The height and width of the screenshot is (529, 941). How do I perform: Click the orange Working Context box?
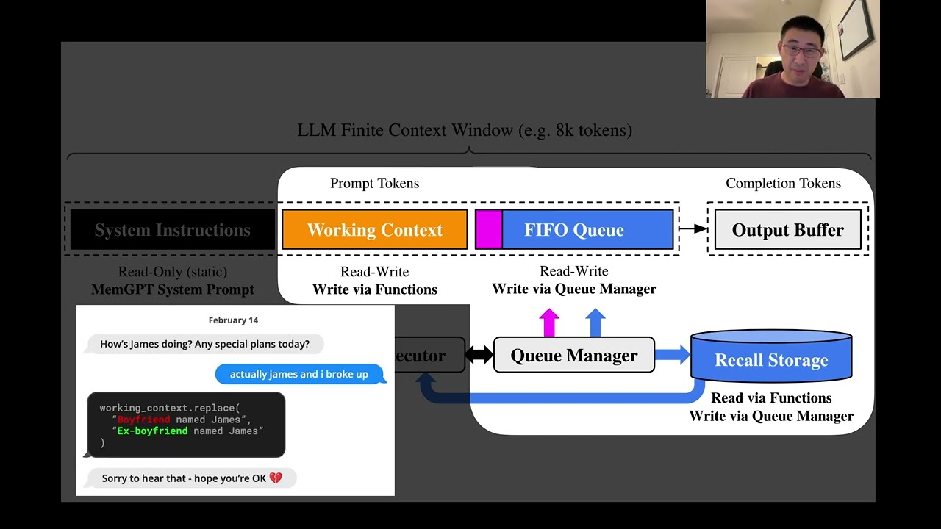click(374, 230)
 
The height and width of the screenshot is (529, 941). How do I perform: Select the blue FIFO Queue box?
click(587, 230)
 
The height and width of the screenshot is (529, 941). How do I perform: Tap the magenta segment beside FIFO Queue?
click(489, 230)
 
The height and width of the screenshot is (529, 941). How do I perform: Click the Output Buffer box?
click(787, 230)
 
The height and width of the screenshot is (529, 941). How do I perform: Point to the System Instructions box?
click(172, 230)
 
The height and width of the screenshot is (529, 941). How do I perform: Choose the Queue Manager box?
click(573, 356)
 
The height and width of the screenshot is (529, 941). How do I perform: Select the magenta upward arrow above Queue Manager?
click(549, 323)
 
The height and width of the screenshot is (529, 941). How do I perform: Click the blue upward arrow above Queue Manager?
click(595, 323)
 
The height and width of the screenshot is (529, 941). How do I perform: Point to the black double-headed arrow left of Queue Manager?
click(479, 355)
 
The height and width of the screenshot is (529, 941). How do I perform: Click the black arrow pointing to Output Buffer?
click(693, 229)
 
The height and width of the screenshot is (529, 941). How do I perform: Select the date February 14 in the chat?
click(233, 320)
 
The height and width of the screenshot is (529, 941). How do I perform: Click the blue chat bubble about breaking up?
click(299, 374)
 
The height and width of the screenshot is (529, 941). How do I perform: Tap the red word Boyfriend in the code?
click(143, 420)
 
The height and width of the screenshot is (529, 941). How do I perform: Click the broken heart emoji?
click(276, 478)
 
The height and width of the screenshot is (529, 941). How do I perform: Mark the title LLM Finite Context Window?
click(465, 131)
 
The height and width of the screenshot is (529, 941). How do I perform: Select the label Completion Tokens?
click(783, 184)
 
